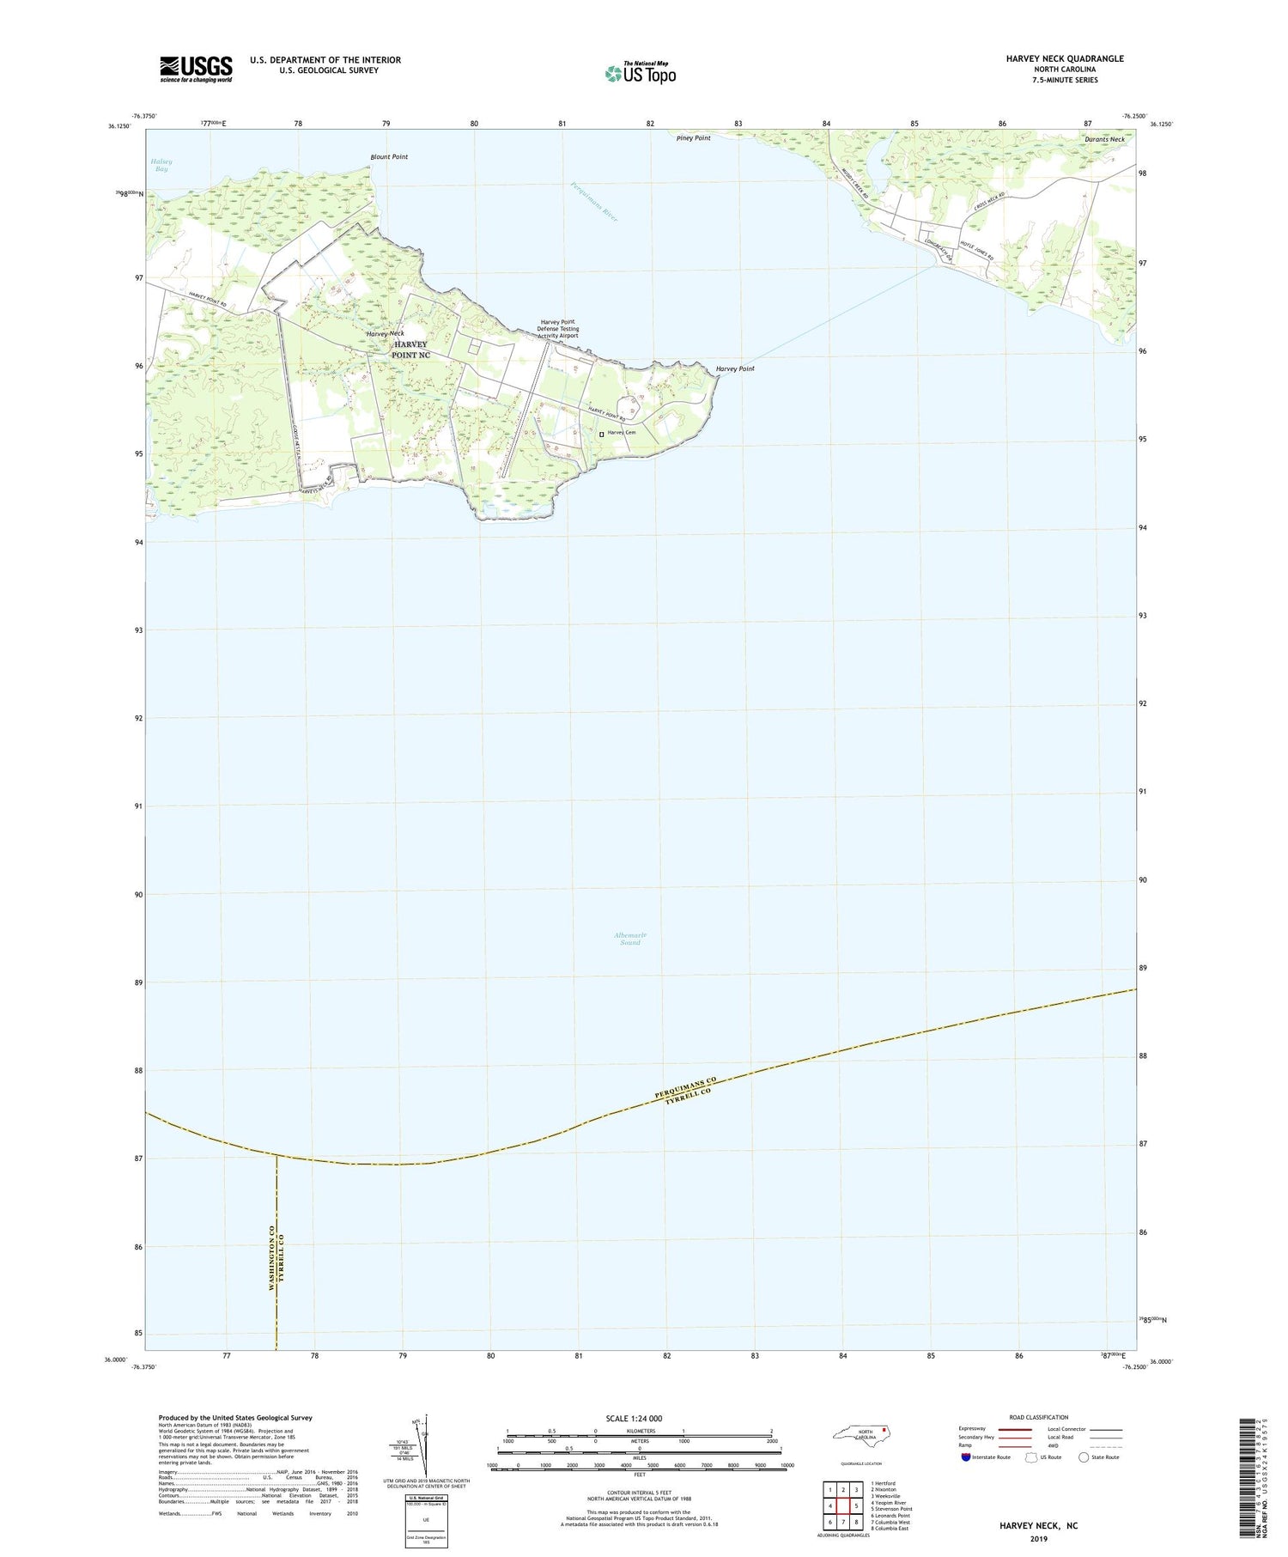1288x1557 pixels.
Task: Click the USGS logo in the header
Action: click(x=196, y=69)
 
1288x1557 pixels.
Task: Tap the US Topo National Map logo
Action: click(x=641, y=73)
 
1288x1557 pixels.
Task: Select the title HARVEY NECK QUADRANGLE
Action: click(x=1053, y=58)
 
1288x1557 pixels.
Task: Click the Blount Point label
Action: click(x=389, y=157)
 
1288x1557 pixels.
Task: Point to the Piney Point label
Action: click(x=693, y=138)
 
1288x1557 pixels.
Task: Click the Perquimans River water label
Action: click(x=595, y=202)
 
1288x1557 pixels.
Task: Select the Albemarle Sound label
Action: click(x=629, y=939)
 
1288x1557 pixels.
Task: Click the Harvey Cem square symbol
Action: click(x=601, y=434)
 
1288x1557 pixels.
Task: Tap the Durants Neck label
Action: click(x=1104, y=139)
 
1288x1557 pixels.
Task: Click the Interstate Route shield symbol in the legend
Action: click(x=966, y=1457)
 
